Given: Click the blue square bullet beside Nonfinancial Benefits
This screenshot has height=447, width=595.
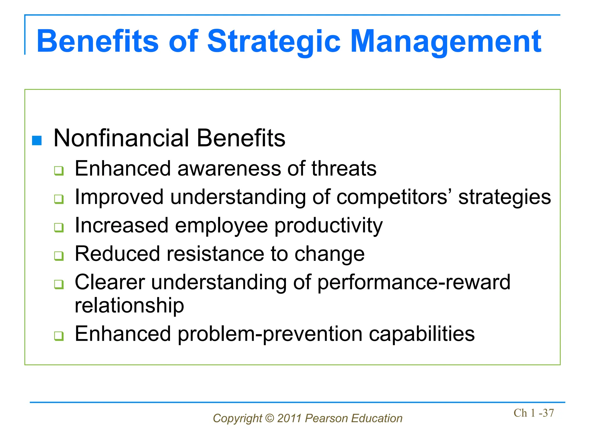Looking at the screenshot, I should coord(37,141).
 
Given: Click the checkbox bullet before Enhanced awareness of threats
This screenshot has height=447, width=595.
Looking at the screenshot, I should coord(59,171).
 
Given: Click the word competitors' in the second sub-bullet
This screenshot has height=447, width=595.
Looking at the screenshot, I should coord(394,197).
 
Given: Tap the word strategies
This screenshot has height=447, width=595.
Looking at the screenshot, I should coord(504,197).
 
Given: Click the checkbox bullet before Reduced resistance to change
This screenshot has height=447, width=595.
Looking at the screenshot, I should coord(59,256).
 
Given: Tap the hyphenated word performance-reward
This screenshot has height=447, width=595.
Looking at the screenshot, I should coord(414,282).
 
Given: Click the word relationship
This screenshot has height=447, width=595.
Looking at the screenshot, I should coord(129,305).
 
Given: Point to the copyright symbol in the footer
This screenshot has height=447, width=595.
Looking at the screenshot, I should coord(270,418).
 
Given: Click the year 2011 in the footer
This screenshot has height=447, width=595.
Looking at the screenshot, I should coord(289,418).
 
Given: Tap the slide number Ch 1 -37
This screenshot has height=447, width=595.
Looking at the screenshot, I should coord(533,413).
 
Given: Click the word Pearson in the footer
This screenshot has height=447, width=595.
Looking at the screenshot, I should coord(326,418).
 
